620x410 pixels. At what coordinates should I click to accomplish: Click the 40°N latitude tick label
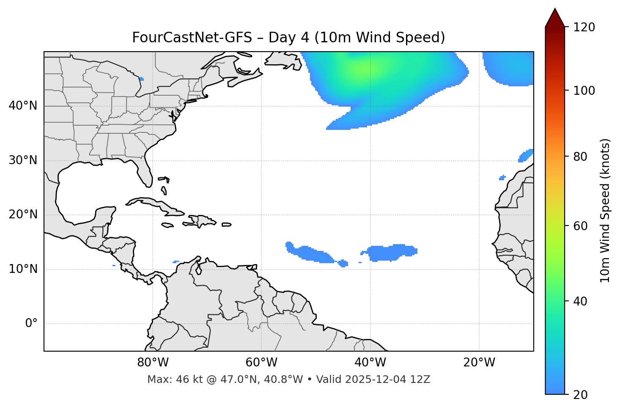(x=23, y=106)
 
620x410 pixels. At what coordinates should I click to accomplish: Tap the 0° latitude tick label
(x=31, y=324)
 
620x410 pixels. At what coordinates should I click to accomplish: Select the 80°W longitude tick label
(x=153, y=363)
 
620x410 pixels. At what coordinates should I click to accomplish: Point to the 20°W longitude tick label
(x=479, y=363)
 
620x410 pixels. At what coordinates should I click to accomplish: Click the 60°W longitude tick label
(x=261, y=363)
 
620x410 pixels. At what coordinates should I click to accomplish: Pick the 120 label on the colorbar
(x=584, y=28)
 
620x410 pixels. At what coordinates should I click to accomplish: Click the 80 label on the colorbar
(x=580, y=157)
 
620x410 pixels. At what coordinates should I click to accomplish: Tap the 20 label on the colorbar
(x=580, y=395)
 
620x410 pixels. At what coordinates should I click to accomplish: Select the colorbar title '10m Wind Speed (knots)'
(x=605, y=210)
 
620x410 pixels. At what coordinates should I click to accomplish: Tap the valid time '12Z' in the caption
(x=420, y=380)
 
